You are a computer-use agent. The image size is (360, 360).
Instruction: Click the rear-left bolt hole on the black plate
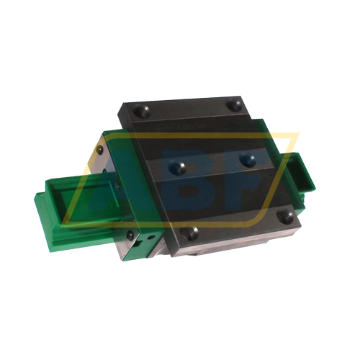tap(139, 113)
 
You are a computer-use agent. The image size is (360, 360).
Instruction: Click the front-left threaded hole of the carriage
tap(192, 232)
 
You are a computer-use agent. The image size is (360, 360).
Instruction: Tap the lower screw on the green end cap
tap(130, 234)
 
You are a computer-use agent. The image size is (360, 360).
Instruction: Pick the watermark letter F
tap(245, 176)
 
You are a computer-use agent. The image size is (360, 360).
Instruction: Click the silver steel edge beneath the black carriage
tap(216, 248)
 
